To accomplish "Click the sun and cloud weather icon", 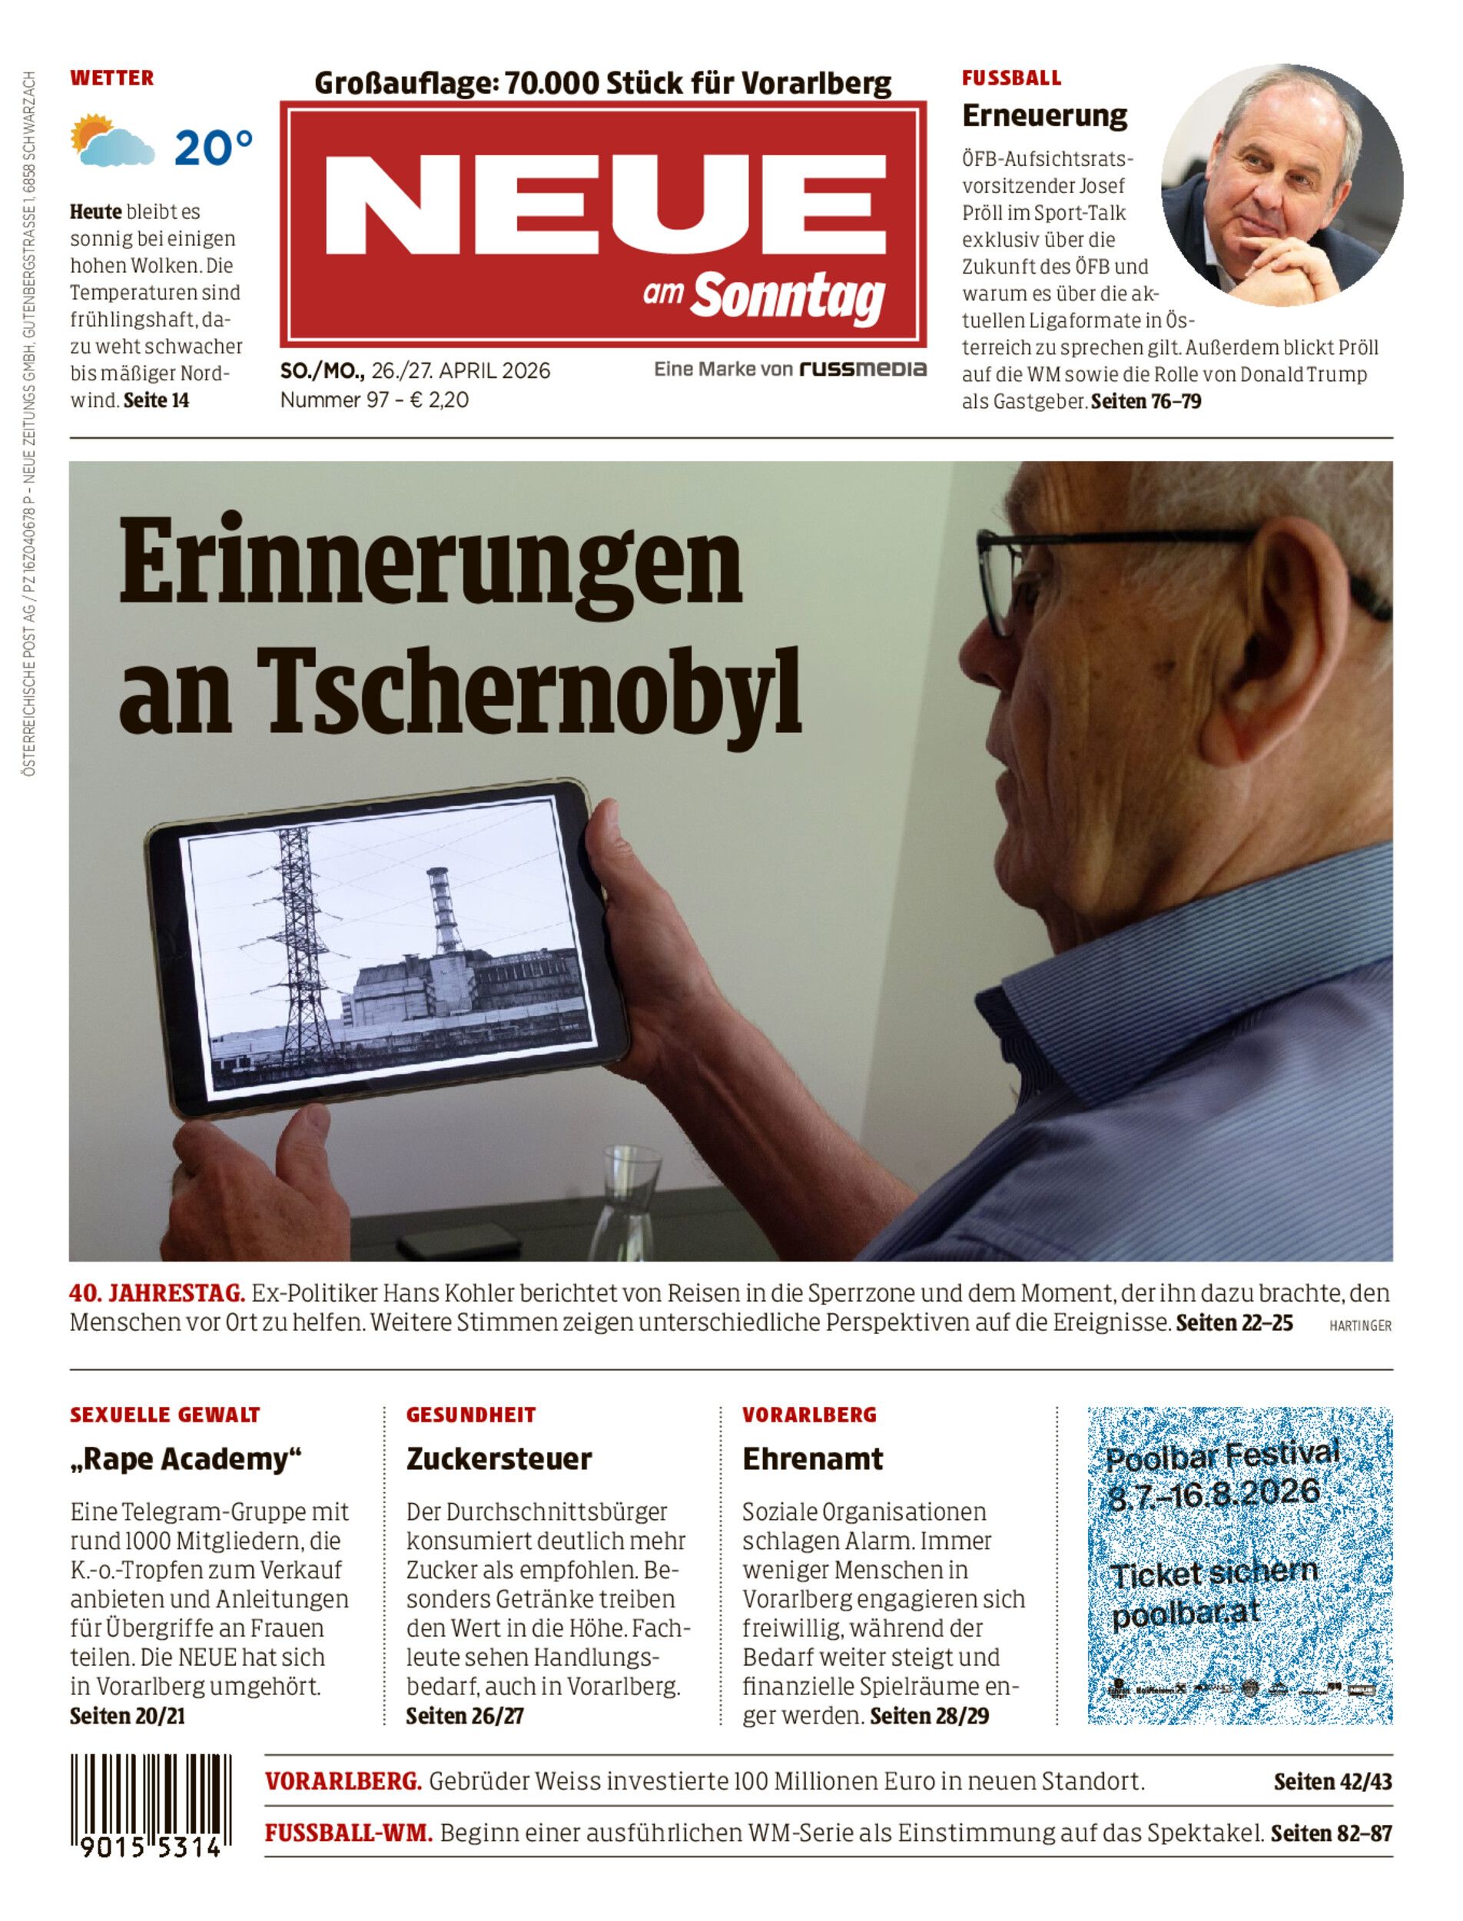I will (x=114, y=142).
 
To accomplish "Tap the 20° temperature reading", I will (x=214, y=148).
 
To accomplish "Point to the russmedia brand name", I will (x=862, y=370).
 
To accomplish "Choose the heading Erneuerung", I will (x=1044, y=115).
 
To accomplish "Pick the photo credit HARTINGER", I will (x=1360, y=1326).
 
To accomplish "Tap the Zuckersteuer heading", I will (x=499, y=1458).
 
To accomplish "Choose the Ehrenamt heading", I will (x=812, y=1458).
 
